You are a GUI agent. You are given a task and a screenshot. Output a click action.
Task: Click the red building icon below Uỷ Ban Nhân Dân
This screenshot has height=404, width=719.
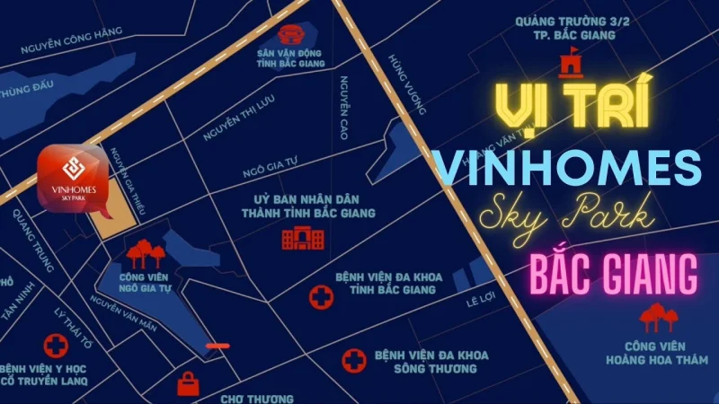coord(300,237)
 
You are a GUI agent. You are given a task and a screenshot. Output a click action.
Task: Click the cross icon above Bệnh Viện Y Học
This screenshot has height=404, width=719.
coord(58,346)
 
